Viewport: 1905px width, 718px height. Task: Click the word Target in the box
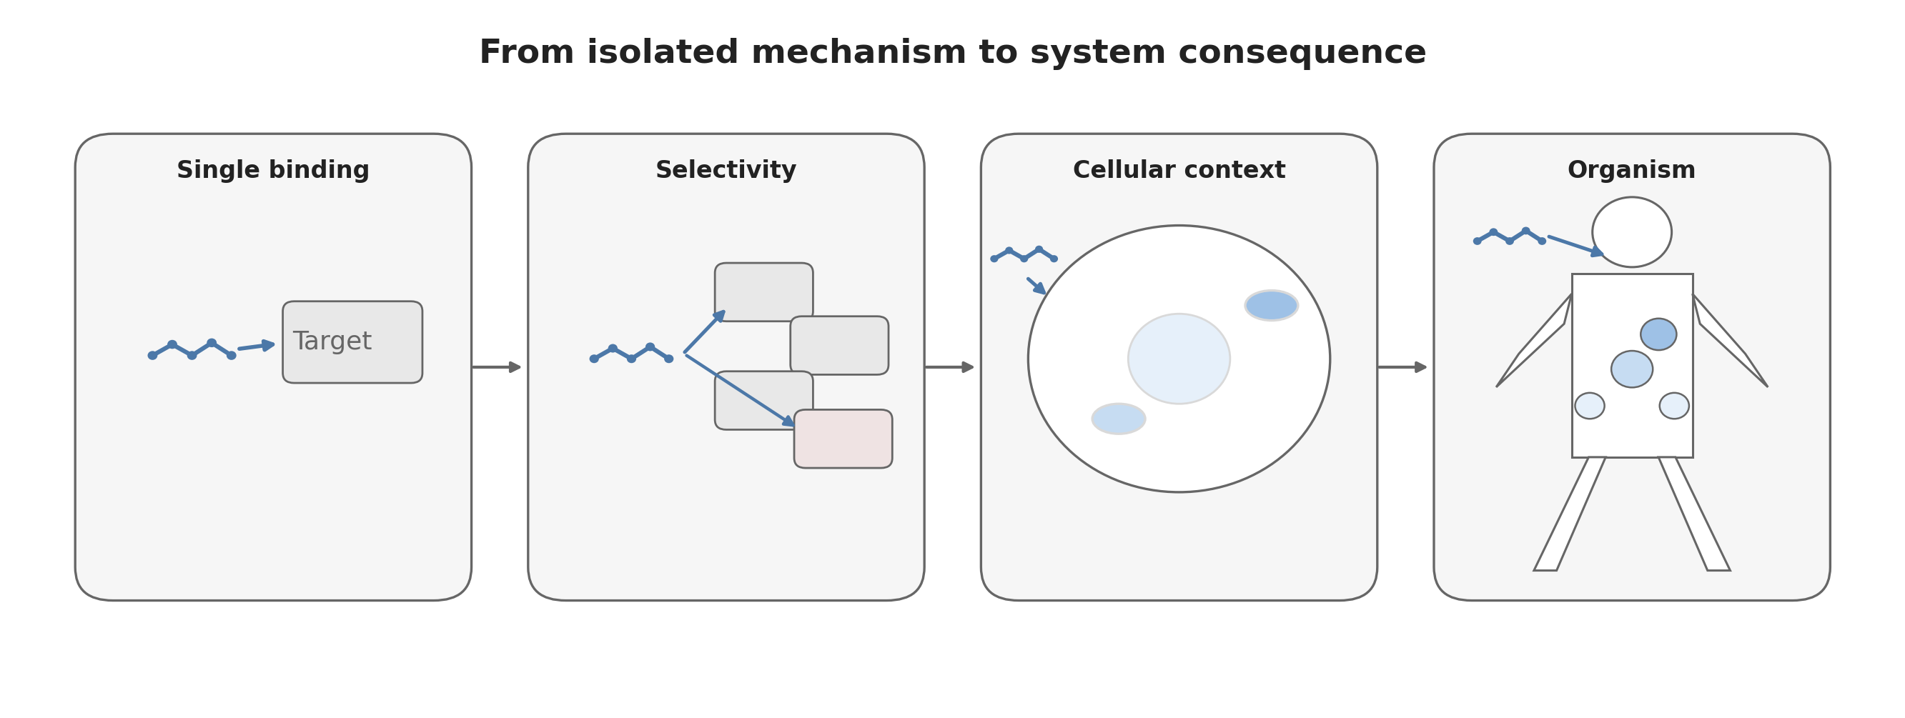[332, 341]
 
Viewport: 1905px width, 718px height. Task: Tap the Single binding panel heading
[273, 170]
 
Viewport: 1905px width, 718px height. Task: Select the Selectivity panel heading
[726, 170]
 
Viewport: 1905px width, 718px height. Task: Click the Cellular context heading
[1179, 170]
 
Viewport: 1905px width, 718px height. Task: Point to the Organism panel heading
[1631, 170]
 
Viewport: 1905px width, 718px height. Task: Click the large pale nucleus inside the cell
[1179, 359]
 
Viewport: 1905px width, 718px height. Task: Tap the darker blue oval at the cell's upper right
[1271, 305]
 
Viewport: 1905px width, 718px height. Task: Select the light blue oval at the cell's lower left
[1118, 419]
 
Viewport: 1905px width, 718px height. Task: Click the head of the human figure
[1631, 232]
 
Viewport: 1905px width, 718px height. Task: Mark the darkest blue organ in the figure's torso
[1658, 334]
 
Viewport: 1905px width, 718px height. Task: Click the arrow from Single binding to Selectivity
[497, 367]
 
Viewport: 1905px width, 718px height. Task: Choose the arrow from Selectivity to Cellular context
[949, 367]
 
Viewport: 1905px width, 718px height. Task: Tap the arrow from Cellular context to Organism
[1402, 367]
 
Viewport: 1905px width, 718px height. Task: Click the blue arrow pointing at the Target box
[256, 346]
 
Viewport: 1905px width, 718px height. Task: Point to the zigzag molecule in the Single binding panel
[192, 350]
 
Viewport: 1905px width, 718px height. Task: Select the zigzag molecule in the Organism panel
[1510, 236]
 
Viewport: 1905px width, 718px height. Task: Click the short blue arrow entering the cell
[1036, 286]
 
